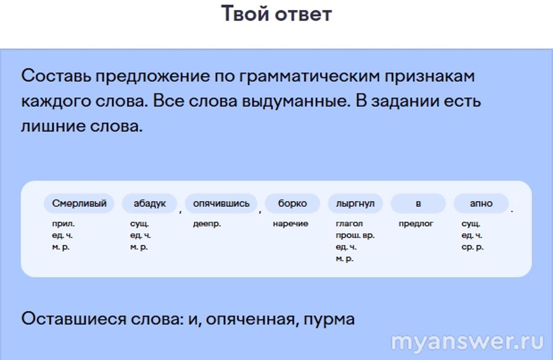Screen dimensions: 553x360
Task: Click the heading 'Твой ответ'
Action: pyautogui.click(x=276, y=14)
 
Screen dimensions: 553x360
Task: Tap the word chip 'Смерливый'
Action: pyautogui.click(x=79, y=204)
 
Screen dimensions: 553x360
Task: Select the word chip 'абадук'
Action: pyautogui.click(x=149, y=204)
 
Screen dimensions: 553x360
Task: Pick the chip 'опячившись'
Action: pyautogui.click(x=221, y=204)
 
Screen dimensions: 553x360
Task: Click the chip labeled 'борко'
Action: pyautogui.click(x=293, y=204)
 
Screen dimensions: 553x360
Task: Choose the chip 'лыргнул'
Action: pyautogui.click(x=355, y=204)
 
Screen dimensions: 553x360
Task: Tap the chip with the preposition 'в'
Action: pyautogui.click(x=418, y=204)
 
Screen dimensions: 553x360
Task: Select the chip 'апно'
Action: pyautogui.click(x=481, y=204)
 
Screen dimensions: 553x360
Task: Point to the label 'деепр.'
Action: pyautogui.click(x=207, y=224)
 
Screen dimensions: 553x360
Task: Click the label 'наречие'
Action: pyautogui.click(x=291, y=223)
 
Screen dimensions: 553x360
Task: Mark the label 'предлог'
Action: pyautogui.click(x=416, y=224)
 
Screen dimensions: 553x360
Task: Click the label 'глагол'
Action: pyautogui.click(x=349, y=223)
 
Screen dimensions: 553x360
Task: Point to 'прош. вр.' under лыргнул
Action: pyautogui.click(x=355, y=236)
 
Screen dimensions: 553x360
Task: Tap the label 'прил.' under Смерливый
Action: pyautogui.click(x=64, y=224)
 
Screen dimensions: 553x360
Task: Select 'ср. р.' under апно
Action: pyautogui.click(x=473, y=247)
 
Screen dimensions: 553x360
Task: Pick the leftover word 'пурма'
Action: pyautogui.click(x=329, y=320)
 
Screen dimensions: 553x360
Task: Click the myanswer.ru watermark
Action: pyautogui.click(x=468, y=341)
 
